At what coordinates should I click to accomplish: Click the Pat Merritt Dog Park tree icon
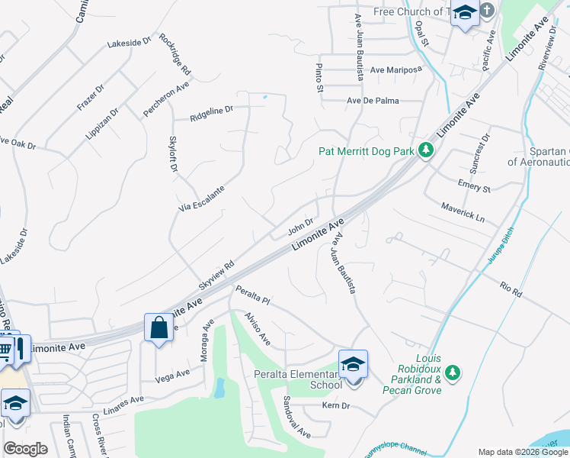click(427, 151)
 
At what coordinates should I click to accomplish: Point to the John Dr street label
click(301, 227)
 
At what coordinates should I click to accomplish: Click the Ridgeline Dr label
click(211, 114)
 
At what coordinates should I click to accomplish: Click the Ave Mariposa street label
click(396, 69)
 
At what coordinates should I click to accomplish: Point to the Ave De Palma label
click(373, 101)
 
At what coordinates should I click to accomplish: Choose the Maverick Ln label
click(463, 211)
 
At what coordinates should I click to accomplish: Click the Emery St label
click(474, 187)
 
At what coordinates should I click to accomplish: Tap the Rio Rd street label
click(511, 289)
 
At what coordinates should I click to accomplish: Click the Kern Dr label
click(335, 405)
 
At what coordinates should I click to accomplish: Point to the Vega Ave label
click(172, 374)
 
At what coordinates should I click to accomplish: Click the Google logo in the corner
click(25, 449)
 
